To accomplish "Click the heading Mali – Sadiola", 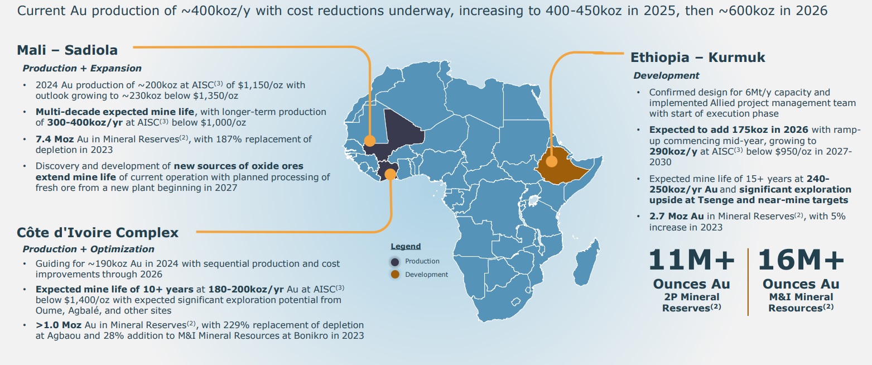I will coord(68,50).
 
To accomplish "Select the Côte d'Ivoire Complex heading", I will coord(98,233).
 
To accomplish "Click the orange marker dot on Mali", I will coord(369,141).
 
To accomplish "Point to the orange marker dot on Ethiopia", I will coord(552,162).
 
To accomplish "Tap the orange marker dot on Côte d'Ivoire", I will coord(390,174).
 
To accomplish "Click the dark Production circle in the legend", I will coord(395,261).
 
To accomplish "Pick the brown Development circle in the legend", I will coord(395,274).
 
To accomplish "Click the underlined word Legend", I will coord(406,246).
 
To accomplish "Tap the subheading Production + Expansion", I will coord(82,68).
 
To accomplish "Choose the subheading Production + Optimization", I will coord(88,249).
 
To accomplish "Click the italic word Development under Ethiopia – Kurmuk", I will coord(666,75).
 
